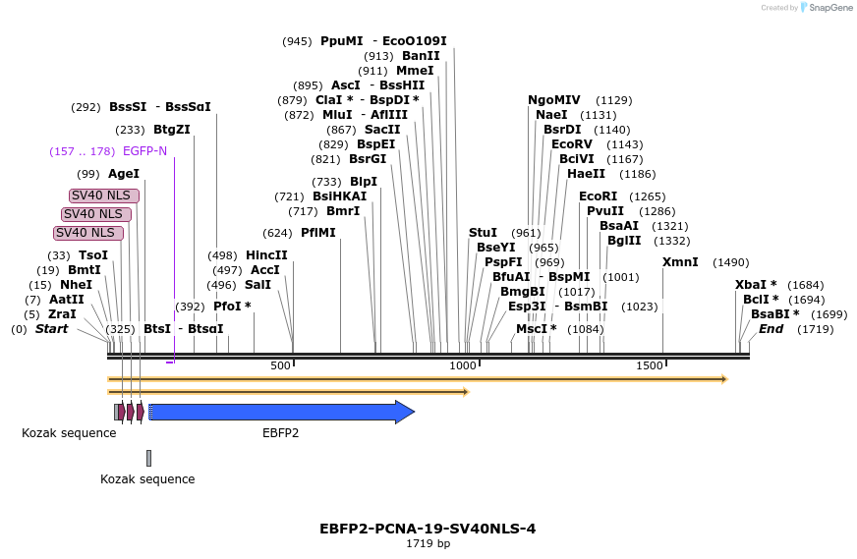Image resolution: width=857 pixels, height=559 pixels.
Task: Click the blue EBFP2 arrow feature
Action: coord(280,412)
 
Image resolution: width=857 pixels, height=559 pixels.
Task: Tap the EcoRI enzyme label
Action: coord(598,196)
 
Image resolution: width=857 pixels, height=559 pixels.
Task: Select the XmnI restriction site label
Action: coord(680,262)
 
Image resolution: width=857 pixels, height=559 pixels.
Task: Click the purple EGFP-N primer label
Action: coord(144,151)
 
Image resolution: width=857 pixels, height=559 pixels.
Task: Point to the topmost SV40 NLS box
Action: coord(104,196)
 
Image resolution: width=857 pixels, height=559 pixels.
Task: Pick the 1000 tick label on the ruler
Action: coord(462,365)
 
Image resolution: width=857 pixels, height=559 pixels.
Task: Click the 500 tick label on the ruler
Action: coord(281,365)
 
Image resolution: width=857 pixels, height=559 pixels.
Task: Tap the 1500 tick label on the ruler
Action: coord(650,365)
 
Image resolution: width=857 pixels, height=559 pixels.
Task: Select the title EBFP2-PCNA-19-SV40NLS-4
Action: coord(428,529)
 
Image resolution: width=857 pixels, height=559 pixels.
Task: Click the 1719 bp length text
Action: coord(428,543)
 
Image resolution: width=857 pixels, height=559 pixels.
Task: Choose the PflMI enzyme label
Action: coord(317,233)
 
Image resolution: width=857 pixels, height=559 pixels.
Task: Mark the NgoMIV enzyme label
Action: coord(554,100)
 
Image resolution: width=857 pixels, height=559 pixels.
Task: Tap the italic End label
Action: coord(771,329)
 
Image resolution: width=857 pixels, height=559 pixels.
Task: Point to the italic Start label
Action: coord(51,329)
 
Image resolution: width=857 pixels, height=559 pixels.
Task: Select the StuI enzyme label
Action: coord(483,233)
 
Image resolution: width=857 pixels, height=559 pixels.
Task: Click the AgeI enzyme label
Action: coord(124,174)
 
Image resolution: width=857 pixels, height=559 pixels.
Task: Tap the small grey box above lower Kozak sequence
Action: coord(148,458)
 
